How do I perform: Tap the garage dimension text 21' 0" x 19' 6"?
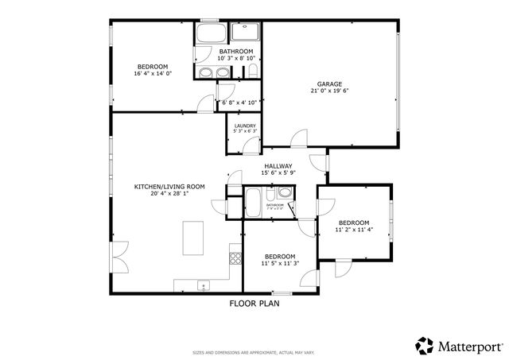pyautogui.click(x=329, y=91)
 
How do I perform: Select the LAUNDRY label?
pyautogui.click(x=244, y=126)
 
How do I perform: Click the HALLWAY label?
pyautogui.click(x=278, y=165)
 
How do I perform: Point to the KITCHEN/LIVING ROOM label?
pyautogui.click(x=169, y=187)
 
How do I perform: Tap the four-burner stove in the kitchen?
pyautogui.click(x=235, y=257)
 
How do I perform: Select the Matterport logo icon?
pyautogui.click(x=424, y=346)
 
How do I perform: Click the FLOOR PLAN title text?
pyautogui.click(x=254, y=303)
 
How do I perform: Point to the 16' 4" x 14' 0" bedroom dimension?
pyautogui.click(x=153, y=74)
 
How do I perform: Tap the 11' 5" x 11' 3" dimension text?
pyautogui.click(x=280, y=264)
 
